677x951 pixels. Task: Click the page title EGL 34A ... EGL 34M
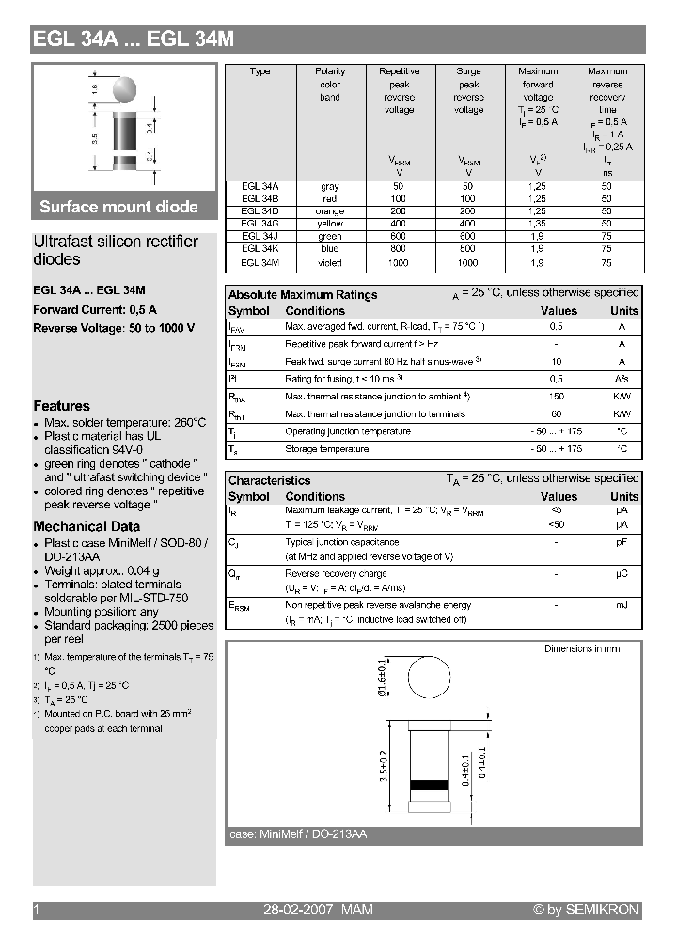134,39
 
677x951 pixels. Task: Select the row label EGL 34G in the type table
260,224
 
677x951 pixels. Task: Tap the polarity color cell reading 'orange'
330,211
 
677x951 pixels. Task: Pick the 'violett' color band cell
330,263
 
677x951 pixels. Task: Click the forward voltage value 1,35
538,224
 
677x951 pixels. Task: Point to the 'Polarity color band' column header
330,85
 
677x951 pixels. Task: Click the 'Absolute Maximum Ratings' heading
303,295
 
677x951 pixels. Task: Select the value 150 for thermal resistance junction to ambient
557,398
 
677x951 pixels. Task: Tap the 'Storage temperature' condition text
327,449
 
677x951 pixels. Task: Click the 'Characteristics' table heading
269,480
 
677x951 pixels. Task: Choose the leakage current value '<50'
557,524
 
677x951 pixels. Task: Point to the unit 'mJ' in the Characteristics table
622,605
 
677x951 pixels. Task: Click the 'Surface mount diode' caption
118,207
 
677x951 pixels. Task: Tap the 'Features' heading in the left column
62,406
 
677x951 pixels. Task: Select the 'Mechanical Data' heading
87,526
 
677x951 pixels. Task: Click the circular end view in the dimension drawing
431,680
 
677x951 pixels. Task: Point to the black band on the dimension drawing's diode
430,784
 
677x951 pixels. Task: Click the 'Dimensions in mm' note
582,649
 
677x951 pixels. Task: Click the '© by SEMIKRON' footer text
586,910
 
